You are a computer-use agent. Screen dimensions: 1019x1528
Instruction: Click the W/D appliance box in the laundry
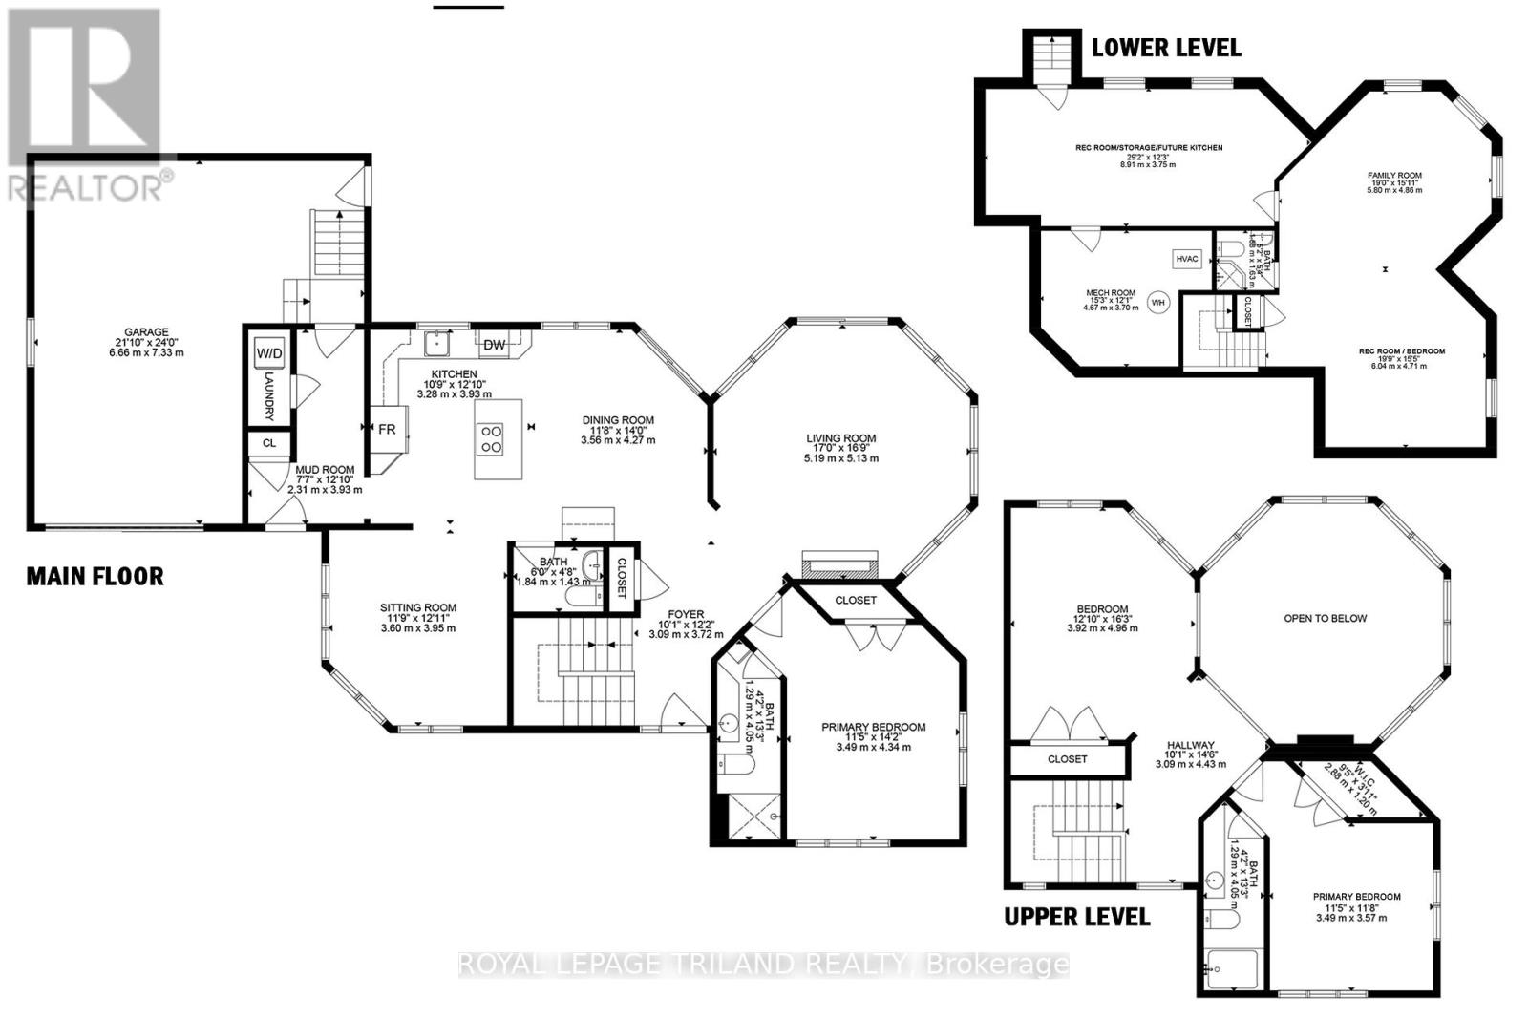[x=269, y=353]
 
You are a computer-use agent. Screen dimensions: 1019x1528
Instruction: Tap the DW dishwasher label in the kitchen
[x=494, y=345]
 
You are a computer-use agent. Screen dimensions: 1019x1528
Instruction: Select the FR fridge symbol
[x=387, y=429]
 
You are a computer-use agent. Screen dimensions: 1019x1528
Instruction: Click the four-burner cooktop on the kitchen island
[x=492, y=438]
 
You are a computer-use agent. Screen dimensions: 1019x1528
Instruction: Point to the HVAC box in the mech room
[x=1186, y=259]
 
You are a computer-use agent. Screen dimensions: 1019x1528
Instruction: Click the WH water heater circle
[x=1158, y=303]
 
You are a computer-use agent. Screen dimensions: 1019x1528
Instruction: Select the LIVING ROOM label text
[x=840, y=438]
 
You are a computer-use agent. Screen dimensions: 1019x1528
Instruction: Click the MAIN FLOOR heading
[x=95, y=576]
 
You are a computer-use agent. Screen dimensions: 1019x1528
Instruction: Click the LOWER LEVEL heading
[x=1166, y=48]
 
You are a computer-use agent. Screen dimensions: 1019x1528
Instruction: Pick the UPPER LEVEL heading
[x=1076, y=917]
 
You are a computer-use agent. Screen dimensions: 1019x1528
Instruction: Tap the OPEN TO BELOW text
[x=1325, y=618]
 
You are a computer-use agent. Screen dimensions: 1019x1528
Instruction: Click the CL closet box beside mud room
[x=269, y=443]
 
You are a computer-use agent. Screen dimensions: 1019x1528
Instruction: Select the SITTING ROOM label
[x=418, y=607]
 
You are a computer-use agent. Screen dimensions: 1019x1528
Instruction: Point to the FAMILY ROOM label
[x=1394, y=176]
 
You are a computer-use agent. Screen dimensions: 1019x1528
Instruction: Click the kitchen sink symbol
[x=442, y=341]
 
